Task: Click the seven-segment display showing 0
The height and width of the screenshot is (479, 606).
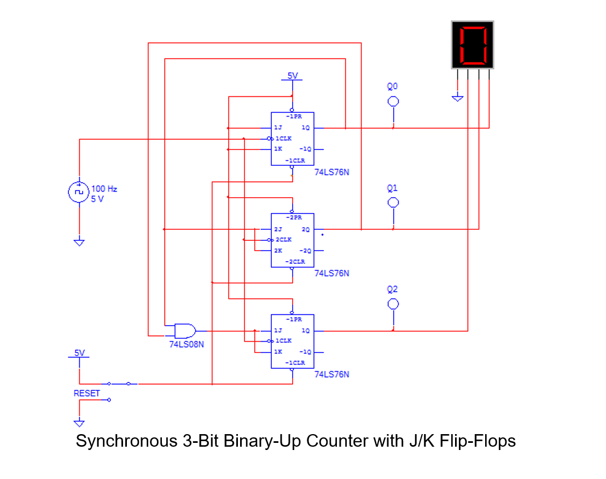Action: pos(473,45)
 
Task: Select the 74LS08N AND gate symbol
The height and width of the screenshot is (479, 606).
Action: pos(184,331)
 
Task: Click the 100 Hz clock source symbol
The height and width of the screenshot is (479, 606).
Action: pos(79,192)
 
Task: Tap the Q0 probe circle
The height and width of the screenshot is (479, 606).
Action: pos(393,101)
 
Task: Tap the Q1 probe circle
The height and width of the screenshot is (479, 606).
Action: pos(393,203)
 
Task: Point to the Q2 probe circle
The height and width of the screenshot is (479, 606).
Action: pos(393,304)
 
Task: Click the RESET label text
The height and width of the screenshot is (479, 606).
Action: pos(87,393)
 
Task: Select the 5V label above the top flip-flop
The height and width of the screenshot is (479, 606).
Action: pos(293,76)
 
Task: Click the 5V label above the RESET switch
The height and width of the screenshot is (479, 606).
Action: pos(79,353)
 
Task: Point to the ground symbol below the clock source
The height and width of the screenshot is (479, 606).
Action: pos(79,241)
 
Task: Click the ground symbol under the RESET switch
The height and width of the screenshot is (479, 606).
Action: pos(79,423)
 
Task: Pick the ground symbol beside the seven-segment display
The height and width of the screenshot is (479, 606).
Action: pos(458,97)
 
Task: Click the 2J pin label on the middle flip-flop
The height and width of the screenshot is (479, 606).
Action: pos(278,229)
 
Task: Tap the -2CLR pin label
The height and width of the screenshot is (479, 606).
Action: pos(295,262)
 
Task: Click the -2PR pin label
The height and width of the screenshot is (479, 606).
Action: pos(295,217)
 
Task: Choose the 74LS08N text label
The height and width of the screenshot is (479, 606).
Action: pos(187,344)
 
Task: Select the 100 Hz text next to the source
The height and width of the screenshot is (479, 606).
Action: pos(104,189)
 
